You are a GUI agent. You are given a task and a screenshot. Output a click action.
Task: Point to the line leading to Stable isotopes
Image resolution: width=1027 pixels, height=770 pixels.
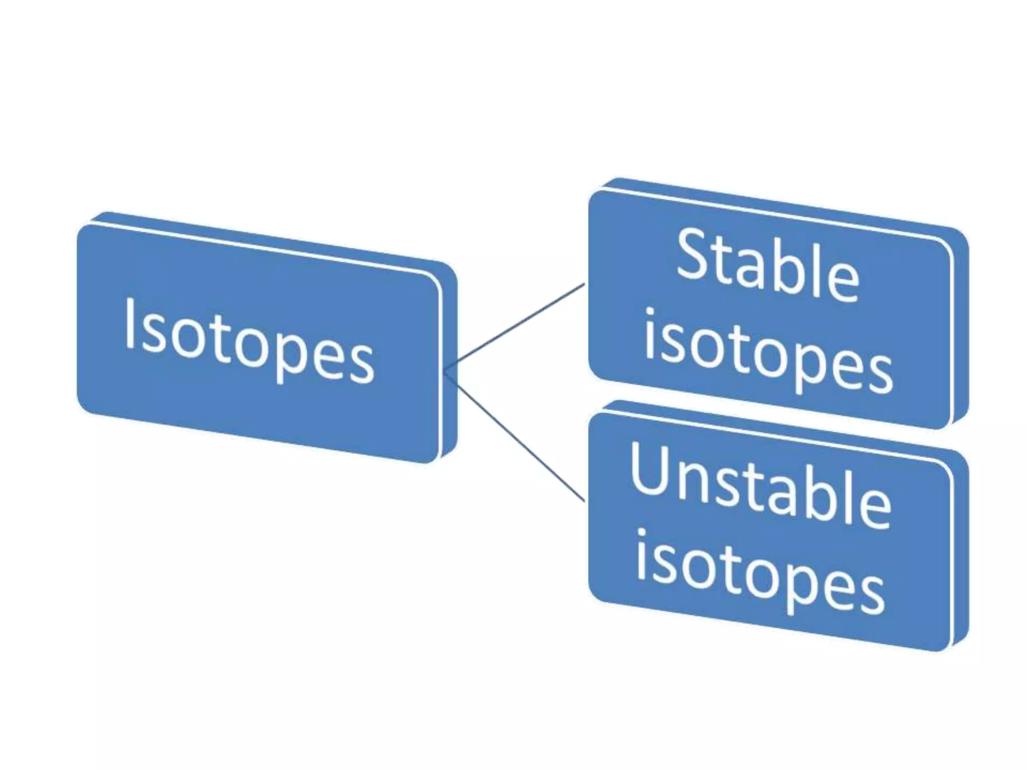[517, 326]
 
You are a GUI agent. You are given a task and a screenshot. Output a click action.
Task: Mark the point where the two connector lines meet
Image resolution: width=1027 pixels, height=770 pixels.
[445, 371]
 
